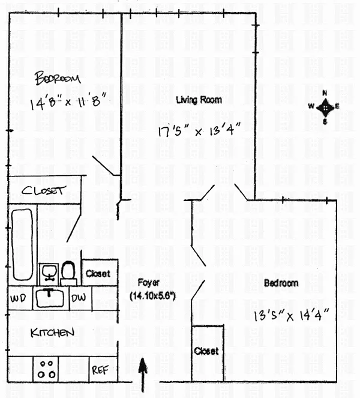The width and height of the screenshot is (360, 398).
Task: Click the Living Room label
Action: point(199,100)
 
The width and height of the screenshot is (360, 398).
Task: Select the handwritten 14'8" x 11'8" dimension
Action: point(68,101)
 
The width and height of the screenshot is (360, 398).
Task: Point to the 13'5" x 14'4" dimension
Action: point(292,315)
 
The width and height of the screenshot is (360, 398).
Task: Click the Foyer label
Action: point(148,283)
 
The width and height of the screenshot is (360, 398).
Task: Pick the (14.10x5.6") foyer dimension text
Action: point(153,296)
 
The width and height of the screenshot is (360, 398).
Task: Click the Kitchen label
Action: point(52,333)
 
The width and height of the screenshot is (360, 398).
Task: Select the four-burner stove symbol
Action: point(46,369)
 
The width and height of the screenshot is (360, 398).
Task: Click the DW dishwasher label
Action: point(79,298)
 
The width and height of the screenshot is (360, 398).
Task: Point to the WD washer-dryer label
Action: point(18,298)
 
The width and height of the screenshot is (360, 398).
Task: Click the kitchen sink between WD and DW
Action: point(50,298)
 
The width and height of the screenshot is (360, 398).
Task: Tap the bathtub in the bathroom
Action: point(22,244)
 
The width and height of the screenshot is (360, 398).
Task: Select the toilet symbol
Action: point(69,273)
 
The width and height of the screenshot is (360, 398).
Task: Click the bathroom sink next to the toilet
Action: point(49,274)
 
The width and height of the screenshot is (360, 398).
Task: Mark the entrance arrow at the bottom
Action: point(143,375)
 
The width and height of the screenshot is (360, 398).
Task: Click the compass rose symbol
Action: point(325,107)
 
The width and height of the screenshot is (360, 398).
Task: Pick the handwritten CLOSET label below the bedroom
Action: point(44,190)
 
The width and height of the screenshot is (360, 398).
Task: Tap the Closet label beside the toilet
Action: point(98,274)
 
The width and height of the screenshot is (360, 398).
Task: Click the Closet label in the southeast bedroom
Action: point(206,351)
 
